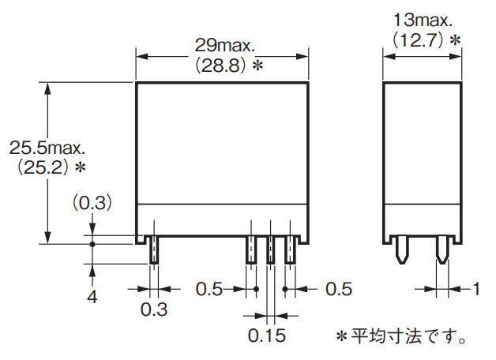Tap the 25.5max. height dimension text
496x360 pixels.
pyautogui.click(x=46, y=148)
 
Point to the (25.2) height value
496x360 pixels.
pyautogui.click(x=42, y=167)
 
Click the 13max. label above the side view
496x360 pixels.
pyautogui.click(x=423, y=20)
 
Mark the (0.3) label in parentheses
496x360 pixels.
pyautogui.click(x=93, y=203)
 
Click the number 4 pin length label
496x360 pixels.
pyautogui.click(x=92, y=298)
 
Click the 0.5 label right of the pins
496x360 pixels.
pyautogui.click(x=337, y=289)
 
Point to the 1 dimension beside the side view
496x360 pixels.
pyautogui.click(x=475, y=289)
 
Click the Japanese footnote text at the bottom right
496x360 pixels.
pyautogui.click(x=401, y=337)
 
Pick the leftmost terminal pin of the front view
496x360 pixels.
pyautogui.click(x=155, y=249)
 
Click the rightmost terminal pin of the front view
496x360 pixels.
pyautogui.click(x=290, y=249)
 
